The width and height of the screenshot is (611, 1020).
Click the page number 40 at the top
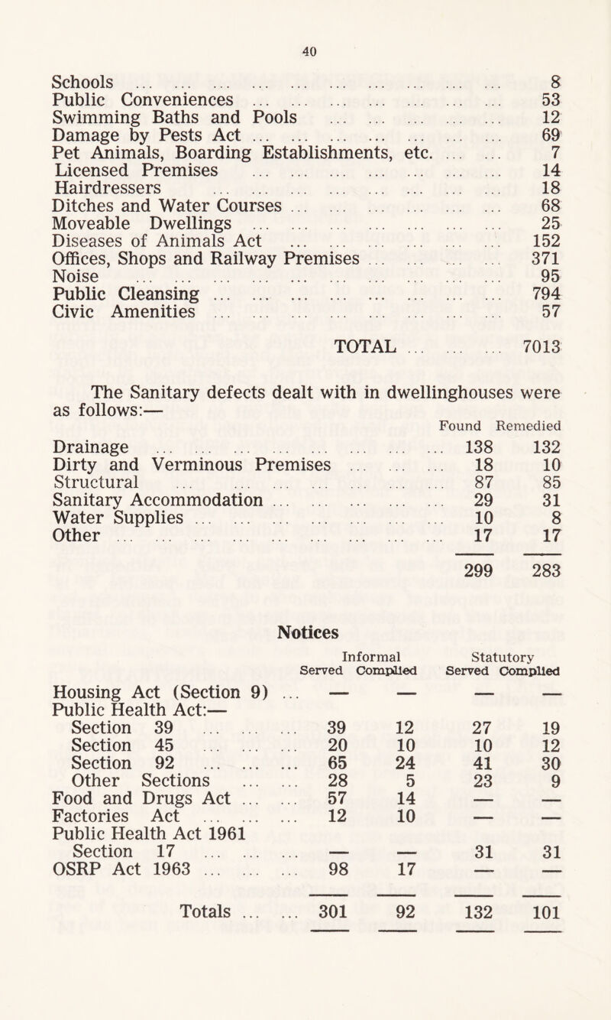[x=306, y=52]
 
